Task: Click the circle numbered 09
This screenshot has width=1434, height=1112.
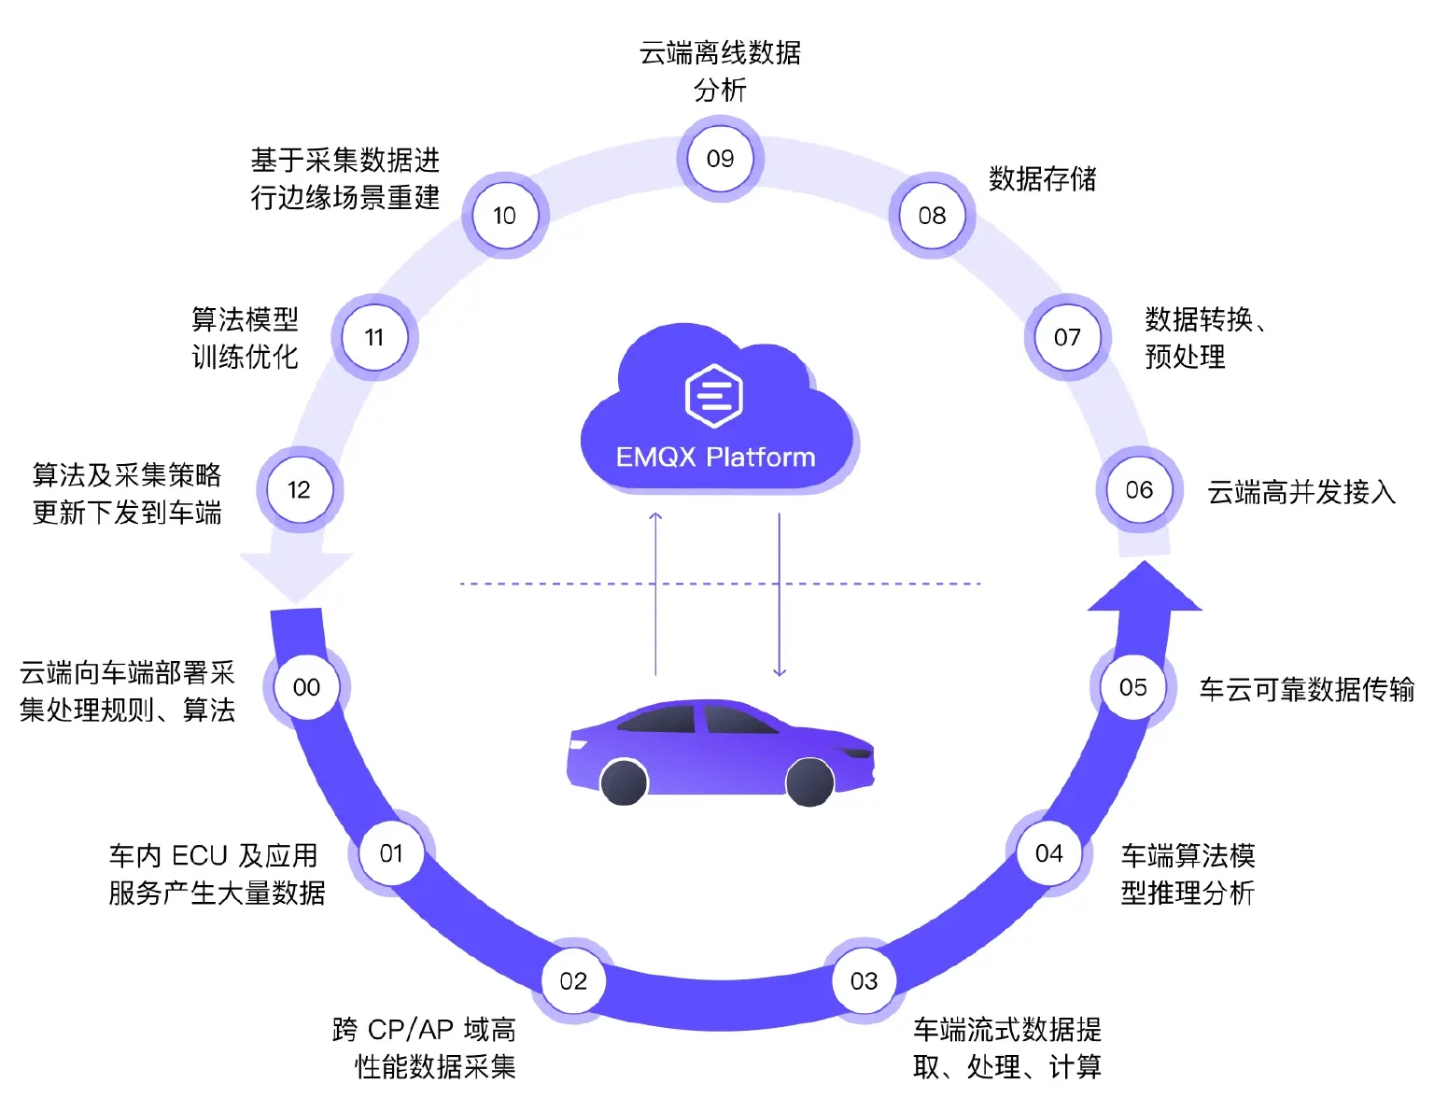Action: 720,159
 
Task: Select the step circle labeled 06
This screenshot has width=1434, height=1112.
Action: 1138,490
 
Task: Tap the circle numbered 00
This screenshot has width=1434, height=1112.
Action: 306,687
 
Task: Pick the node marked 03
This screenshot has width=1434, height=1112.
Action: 864,981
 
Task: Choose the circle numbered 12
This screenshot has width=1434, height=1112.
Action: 299,490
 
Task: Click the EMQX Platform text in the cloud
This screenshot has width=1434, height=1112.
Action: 715,457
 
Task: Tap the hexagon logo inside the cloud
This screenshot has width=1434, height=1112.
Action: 714,396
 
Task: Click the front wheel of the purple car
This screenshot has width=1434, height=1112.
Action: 809,782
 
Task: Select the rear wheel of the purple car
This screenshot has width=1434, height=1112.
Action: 624,782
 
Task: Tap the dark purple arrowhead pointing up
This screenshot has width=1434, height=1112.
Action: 1144,589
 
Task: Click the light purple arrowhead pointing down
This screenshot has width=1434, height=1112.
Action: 296,574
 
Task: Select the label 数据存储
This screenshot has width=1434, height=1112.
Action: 1042,178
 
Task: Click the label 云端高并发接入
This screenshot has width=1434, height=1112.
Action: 1300,492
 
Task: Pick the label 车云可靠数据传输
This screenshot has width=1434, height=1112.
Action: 1306,689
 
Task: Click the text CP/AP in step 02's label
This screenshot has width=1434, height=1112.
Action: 410,1030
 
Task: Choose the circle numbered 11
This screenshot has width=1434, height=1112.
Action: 374,337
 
